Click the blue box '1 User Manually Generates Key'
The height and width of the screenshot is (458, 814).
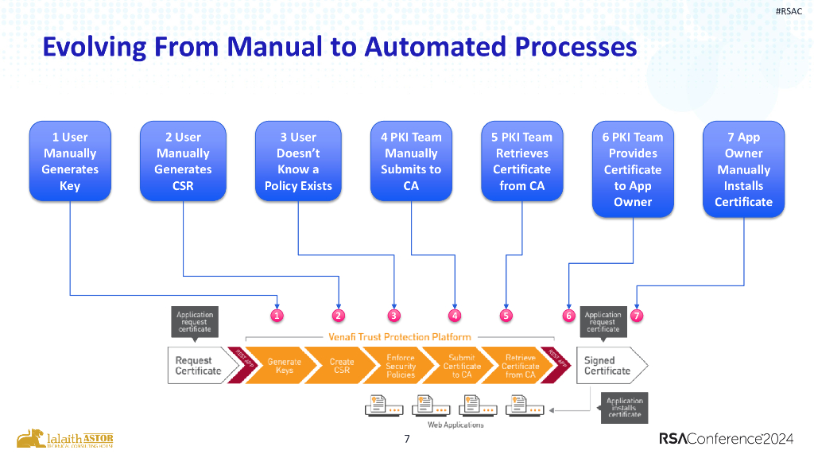coord(70,161)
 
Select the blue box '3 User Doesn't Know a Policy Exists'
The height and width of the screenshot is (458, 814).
coord(298,161)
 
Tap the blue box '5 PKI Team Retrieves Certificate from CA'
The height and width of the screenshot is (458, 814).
coord(521,161)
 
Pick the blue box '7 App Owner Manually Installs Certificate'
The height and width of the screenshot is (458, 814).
coord(743,169)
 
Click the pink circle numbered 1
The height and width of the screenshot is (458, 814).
coord(277,315)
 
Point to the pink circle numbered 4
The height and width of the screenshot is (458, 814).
coord(455,315)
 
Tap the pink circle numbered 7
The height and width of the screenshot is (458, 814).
coord(637,315)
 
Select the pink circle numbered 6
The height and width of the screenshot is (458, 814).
coord(568,315)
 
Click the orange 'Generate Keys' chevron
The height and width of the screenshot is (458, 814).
coord(284,366)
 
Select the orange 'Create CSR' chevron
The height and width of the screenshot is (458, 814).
coord(342,366)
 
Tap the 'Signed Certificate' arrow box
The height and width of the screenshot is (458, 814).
coord(609,366)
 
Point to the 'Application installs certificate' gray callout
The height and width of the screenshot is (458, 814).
coord(625,408)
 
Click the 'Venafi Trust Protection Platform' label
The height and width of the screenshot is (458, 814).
coord(400,337)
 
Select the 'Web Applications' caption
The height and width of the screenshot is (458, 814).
coord(455,425)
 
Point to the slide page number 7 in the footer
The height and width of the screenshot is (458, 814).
coord(407,439)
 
